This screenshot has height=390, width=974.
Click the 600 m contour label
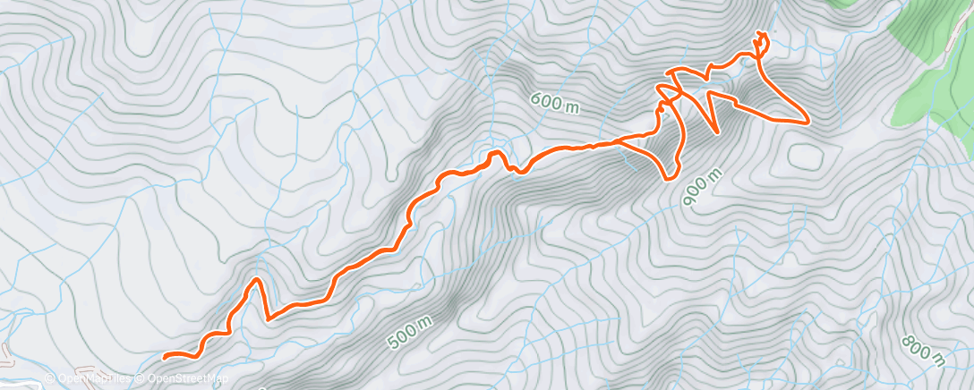[554, 103]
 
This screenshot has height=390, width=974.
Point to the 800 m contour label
[923, 352]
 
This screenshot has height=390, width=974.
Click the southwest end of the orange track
[165, 356]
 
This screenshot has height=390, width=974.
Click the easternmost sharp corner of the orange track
[808, 120]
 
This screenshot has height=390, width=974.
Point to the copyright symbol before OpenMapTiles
[49, 378]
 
